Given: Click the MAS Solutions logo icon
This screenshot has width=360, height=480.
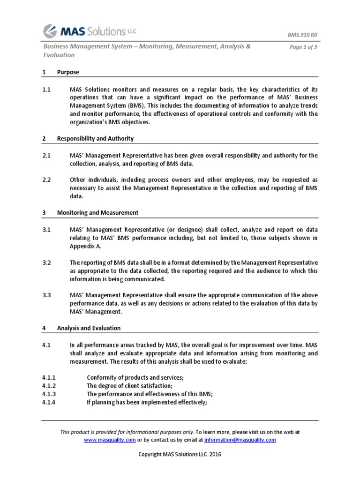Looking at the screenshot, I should [x=51, y=31].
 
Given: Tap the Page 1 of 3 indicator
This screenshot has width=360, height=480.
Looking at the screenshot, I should [x=304, y=47].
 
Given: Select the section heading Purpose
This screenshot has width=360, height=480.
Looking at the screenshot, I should [x=68, y=72].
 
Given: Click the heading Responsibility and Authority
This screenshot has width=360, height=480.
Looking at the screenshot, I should [x=95, y=138].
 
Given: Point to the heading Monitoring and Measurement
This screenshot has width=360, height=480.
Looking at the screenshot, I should [x=97, y=212].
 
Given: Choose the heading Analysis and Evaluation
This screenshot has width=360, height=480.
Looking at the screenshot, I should [x=89, y=328].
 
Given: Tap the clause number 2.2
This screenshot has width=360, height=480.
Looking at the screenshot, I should [x=46, y=180].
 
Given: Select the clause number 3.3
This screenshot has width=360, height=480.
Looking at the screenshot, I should [x=46, y=295].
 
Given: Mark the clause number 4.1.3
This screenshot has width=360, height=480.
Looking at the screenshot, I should [x=49, y=394].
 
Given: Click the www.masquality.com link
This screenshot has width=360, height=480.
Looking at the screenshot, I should [x=110, y=440].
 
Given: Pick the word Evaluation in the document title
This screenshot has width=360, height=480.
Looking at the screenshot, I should [x=59, y=55].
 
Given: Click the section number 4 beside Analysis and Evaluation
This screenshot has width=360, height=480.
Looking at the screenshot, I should [x=44, y=328].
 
